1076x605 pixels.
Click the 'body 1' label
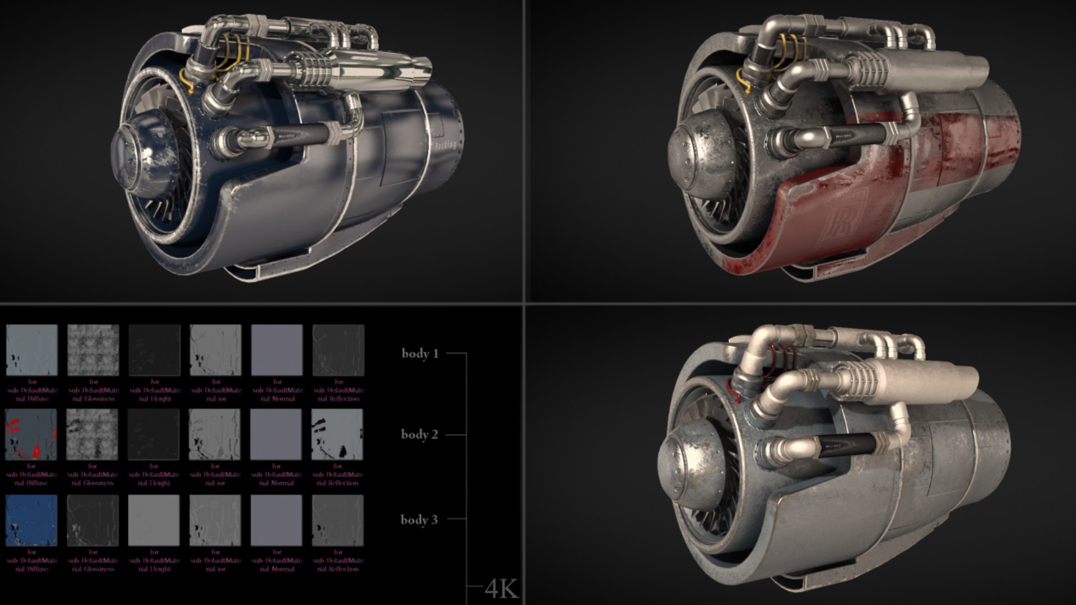(420, 353)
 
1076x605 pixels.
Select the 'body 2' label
(419, 435)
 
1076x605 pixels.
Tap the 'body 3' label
(419, 519)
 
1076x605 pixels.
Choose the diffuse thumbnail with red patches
(31, 435)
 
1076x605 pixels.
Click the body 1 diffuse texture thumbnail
(32, 350)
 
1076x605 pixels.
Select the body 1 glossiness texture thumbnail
(93, 350)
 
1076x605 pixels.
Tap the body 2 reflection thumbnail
(337, 435)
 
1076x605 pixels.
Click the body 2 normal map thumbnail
(276, 435)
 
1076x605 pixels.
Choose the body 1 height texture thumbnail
(154, 350)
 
